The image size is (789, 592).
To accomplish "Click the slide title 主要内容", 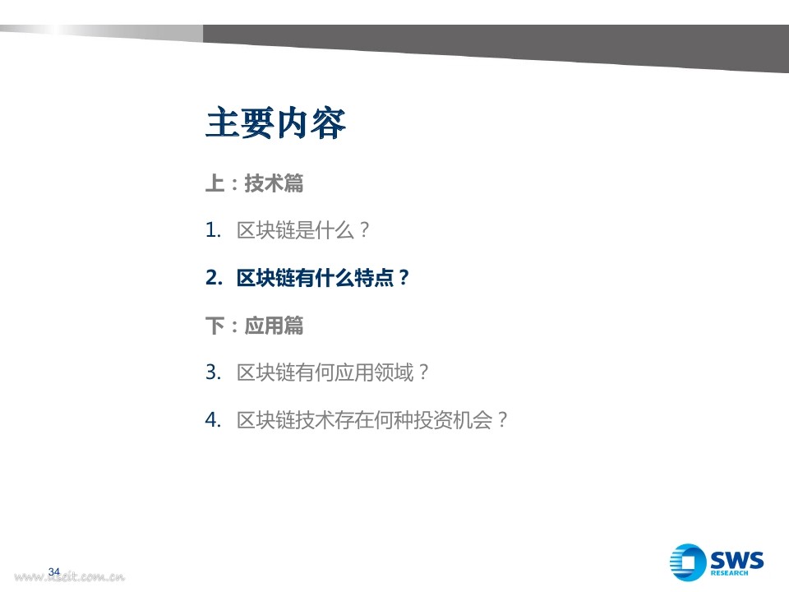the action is pos(275,123).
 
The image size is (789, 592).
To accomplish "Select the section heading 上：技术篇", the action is pos(255,183).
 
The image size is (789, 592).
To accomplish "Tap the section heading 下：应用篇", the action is pos(255,326).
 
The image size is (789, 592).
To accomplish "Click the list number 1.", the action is pos(214,230).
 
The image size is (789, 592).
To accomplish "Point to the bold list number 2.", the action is pos(214,278).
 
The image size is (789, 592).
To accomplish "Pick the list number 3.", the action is pos(214,372).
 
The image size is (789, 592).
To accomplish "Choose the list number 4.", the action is pos(214,420).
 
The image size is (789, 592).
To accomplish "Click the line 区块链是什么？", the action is pos(303,230).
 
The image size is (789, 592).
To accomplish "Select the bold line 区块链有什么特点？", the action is pos(323,278).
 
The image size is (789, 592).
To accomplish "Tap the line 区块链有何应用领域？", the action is pos(333,372).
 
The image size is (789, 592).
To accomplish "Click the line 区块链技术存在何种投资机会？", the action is pos(372,420).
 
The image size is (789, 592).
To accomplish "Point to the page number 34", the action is pos(54,572).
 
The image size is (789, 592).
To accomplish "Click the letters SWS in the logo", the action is pos(736,560).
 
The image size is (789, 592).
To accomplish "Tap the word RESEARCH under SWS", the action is pos(729,573).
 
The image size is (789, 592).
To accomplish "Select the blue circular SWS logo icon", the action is pos(688,562).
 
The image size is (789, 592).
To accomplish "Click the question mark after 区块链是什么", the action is pos(364,230).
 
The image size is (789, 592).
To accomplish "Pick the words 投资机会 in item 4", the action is pos(453,420).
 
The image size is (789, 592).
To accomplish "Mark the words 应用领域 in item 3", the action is pos(375,372).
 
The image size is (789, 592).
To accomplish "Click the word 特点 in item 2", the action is pos(375,278).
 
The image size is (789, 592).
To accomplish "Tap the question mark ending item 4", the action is pos(502,420).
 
